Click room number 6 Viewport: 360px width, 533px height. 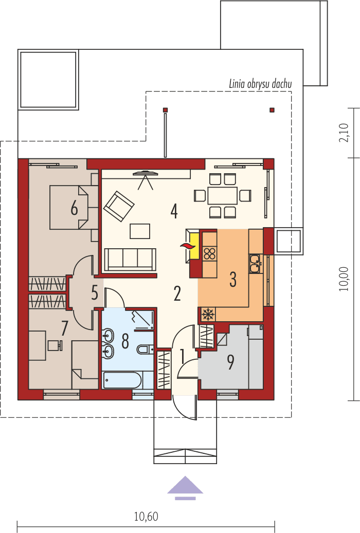pos(74,209)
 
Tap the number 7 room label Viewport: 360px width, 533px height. pos(65,327)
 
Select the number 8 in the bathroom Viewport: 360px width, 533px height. pos(125,341)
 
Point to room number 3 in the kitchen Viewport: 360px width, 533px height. pos(233,280)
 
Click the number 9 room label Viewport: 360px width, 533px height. pos(231,363)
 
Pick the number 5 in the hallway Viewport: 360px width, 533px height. pos(95,292)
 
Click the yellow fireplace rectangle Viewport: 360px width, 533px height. pos(194,246)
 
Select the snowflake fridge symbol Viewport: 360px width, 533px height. pos(208,314)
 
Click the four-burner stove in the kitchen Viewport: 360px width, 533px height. pos(209,253)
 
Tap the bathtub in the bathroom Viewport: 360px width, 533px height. pos(122,381)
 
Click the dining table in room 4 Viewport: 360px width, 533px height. pos(222,195)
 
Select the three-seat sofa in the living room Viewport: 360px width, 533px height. pos(130,259)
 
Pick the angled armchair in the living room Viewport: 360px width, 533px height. pos(119,206)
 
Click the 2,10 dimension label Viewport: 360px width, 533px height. pos(344,133)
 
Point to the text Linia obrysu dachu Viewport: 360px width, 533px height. pos(260,84)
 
